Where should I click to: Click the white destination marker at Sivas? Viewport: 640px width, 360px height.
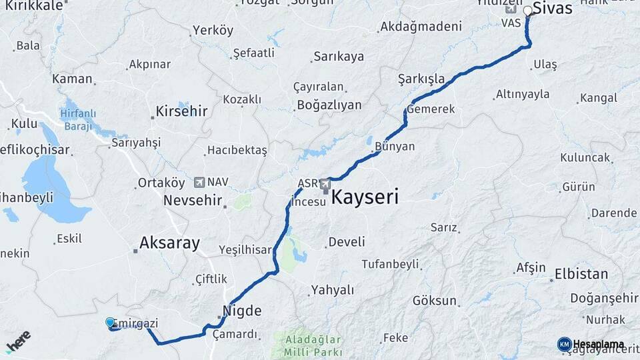528,11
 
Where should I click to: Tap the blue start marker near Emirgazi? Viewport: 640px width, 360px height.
110,323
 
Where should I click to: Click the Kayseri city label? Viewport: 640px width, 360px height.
365,197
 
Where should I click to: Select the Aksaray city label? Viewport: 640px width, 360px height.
170,243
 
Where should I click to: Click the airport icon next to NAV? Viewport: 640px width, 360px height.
199,182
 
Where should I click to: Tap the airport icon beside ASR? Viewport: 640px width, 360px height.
325,183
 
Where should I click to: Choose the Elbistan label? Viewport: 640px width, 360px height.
581,274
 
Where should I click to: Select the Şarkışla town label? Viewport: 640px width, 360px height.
421,79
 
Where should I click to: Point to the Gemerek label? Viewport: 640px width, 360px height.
431,109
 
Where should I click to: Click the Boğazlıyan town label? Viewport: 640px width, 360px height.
329,105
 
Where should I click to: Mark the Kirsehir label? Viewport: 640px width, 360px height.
181,111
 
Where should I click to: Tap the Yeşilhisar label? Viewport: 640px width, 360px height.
245,250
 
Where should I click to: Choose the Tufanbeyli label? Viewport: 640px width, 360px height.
390,264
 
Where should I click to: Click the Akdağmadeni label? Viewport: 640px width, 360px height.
421,27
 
